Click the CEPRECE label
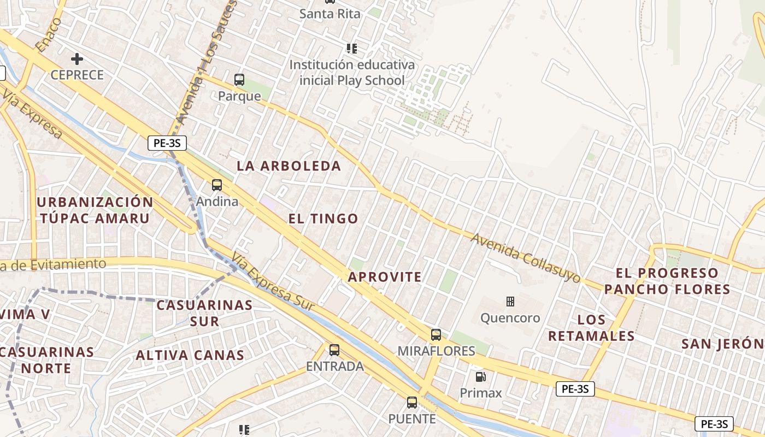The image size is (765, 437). [77, 75]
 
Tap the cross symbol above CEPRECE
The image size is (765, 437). [77, 58]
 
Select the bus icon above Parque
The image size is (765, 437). [239, 80]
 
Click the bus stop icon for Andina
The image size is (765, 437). [217, 185]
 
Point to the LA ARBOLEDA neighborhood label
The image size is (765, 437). [289, 166]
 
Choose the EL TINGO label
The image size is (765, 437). [323, 218]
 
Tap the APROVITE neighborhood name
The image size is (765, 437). [385, 277]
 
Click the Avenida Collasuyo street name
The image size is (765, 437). [526, 258]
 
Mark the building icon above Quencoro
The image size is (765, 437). [510, 302]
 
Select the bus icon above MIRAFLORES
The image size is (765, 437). [436, 335]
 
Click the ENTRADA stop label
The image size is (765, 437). [334, 366]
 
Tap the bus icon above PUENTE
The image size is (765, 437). [412, 403]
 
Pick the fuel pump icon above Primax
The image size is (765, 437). [480, 376]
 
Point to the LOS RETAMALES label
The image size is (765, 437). [591, 328]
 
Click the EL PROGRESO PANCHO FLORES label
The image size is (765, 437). [667, 281]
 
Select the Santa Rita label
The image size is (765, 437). [330, 14]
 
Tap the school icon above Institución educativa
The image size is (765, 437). [352, 49]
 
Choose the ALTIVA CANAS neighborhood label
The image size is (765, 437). [190, 356]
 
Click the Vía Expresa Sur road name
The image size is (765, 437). [273, 282]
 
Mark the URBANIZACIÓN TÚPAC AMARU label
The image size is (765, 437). [95, 210]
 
